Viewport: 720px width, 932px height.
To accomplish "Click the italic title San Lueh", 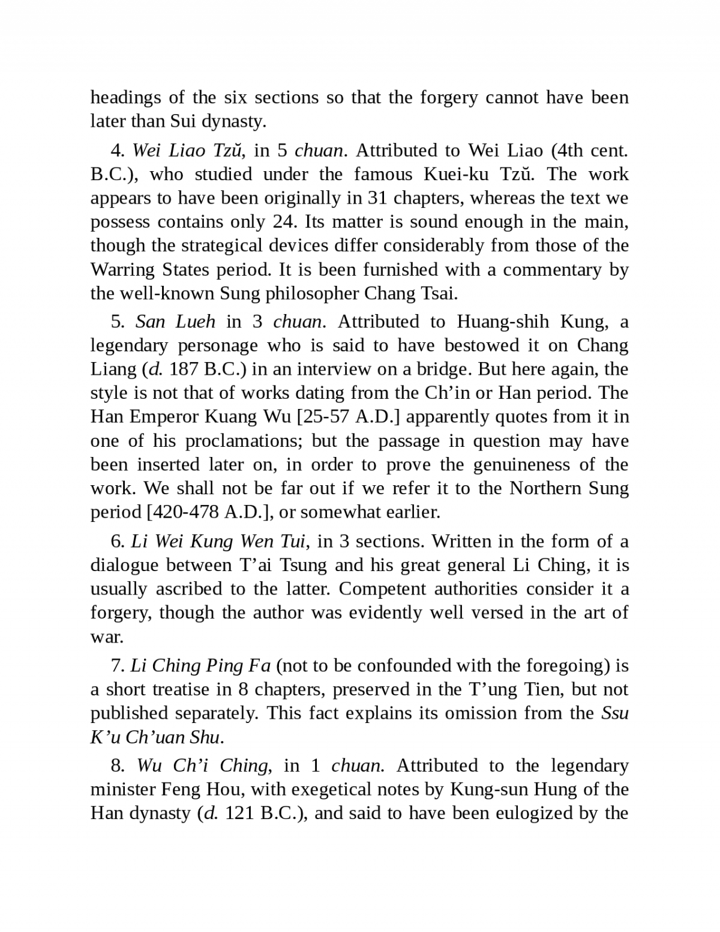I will tap(175, 322).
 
